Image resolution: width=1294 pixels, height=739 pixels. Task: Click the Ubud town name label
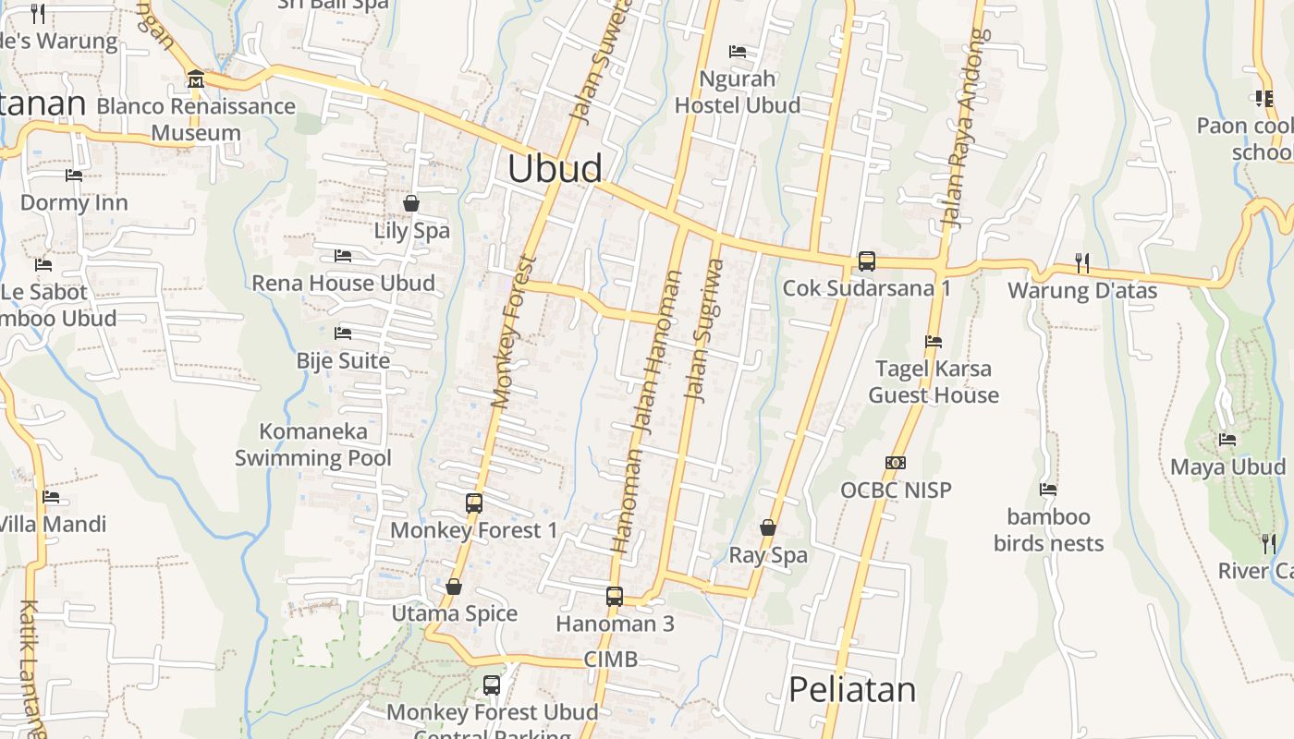555,168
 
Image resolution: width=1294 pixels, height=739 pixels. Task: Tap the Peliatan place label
852,690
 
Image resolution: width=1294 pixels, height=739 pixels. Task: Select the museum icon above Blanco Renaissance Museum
195,80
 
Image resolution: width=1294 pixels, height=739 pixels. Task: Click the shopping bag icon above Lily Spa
411,202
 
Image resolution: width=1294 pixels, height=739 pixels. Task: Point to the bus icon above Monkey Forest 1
474,503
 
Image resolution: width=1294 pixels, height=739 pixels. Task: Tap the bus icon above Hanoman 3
615,597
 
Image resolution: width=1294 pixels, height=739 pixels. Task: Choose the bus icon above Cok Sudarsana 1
866,261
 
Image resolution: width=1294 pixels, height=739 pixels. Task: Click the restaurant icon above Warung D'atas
1081,263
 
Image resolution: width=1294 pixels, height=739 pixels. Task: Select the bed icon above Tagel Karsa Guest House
934,342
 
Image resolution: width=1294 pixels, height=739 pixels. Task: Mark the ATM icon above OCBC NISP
895,463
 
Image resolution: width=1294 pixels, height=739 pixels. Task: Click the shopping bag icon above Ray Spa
767,527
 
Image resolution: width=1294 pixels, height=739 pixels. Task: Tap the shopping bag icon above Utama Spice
453,587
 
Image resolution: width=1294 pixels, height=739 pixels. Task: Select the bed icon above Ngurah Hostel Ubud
737,52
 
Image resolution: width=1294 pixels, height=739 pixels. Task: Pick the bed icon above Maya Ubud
1227,440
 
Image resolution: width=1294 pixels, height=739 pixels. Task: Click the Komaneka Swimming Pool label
313,444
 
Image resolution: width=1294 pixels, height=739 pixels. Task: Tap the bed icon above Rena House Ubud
343,255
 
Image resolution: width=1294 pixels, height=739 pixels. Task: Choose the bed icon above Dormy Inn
74,176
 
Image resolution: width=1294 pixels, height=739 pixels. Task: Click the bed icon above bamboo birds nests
1048,490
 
